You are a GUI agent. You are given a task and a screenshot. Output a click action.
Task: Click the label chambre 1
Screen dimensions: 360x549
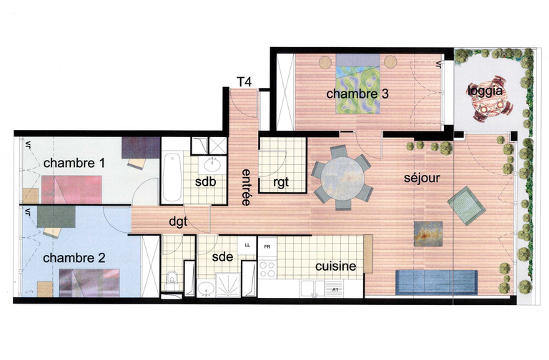click(74, 164)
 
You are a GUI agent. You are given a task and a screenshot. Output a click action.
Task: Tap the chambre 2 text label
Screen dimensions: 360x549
click(74, 257)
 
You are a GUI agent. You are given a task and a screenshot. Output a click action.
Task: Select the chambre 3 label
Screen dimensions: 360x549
click(358, 94)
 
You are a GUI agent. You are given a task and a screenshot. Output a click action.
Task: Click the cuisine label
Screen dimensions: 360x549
click(336, 266)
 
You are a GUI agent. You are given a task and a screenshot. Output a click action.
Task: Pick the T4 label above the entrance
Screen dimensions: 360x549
click(244, 81)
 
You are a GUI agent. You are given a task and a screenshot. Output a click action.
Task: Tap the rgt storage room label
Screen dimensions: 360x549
click(281, 182)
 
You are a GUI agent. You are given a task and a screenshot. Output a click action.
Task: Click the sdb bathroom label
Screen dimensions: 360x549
click(206, 181)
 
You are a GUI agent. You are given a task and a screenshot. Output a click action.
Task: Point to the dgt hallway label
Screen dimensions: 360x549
click(177, 222)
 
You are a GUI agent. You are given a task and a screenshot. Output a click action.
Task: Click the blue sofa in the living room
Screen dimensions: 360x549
click(435, 281)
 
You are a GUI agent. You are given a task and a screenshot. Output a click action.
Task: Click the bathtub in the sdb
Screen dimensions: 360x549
click(172, 177)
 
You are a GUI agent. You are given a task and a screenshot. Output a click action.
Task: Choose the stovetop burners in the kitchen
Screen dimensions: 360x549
click(269, 269)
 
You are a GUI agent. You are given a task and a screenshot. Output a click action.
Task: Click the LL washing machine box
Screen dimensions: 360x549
click(247, 245)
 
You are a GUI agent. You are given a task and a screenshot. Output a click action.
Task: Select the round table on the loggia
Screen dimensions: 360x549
click(490, 108)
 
